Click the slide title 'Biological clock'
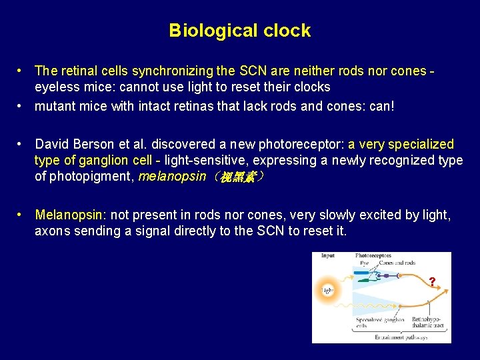pos(239,31)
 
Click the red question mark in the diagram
pos(432,282)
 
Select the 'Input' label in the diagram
pos(328,256)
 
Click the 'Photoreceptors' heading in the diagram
pos(374,256)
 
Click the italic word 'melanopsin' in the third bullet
pos(172,177)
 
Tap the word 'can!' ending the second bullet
pos(380,106)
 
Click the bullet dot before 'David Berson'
pos(22,144)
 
